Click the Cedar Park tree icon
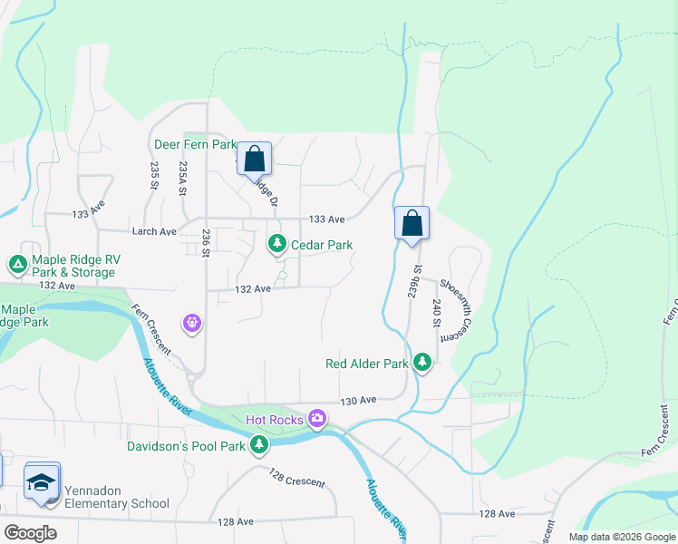click(x=276, y=244)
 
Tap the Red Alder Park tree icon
click(x=421, y=363)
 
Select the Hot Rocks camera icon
click(x=316, y=419)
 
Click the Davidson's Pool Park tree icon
click(x=260, y=445)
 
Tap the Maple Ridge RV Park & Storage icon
click(x=17, y=265)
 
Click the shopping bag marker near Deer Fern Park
click(x=255, y=159)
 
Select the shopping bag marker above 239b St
click(x=412, y=223)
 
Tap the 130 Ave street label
click(x=358, y=400)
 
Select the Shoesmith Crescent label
click(x=458, y=308)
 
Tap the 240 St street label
click(x=436, y=314)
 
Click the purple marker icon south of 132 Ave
click(x=191, y=322)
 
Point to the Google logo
click(x=31, y=532)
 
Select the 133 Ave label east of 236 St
click(x=326, y=219)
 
